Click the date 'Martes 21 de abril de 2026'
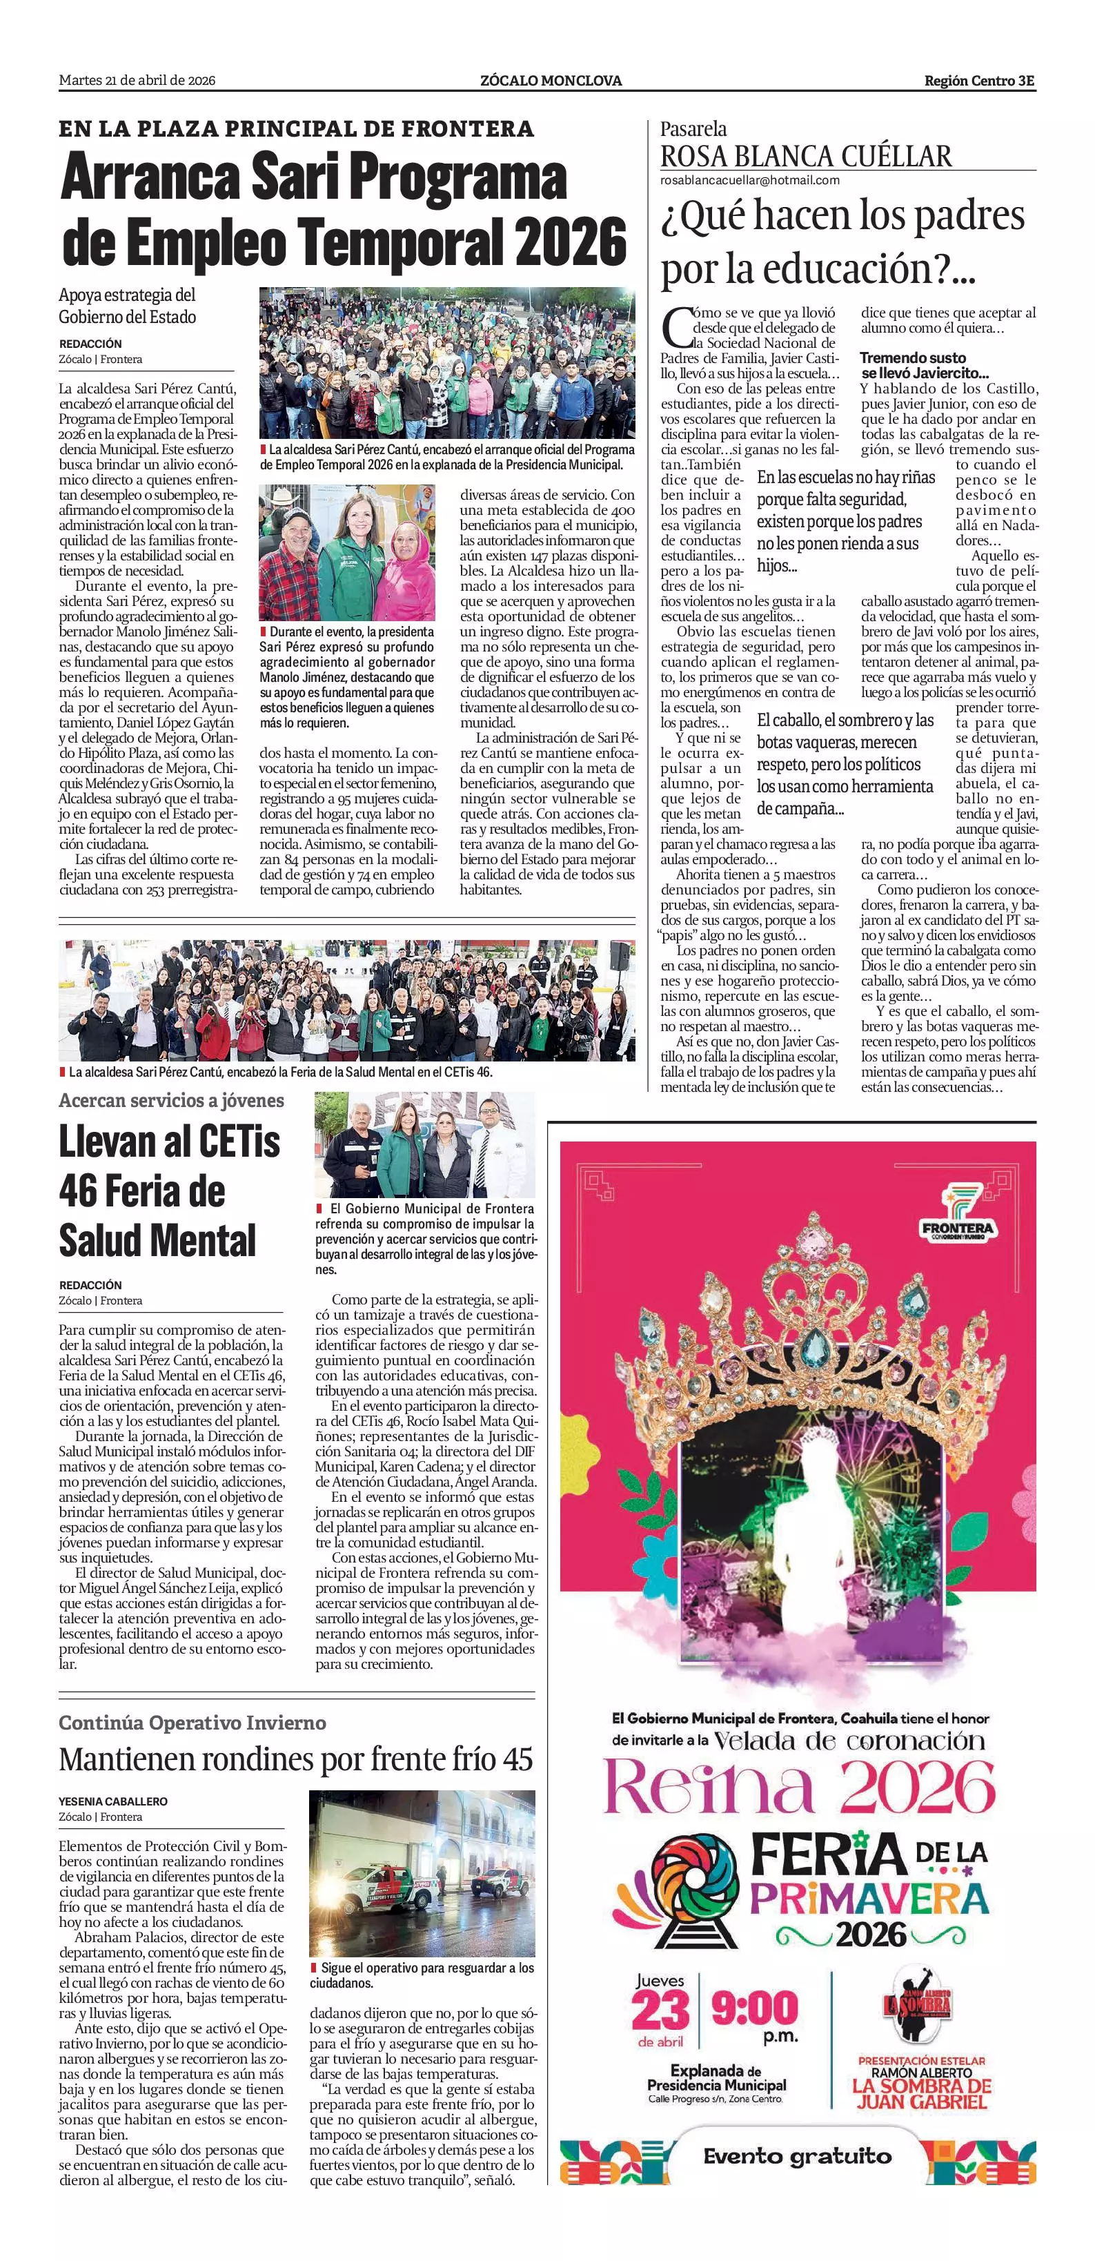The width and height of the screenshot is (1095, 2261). tap(137, 81)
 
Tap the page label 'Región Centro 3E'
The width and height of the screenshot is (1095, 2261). tap(979, 81)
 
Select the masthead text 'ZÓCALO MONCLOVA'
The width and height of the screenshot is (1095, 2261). tap(551, 81)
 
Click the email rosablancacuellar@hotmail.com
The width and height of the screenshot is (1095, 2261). tap(750, 180)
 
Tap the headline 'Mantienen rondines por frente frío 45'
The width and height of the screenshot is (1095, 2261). tap(296, 1758)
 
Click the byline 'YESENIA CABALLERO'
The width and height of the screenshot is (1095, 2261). tap(113, 1801)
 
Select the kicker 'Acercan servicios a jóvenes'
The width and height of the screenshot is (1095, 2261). tap(171, 1099)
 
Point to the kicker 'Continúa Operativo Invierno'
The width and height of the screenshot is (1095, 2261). tap(192, 1723)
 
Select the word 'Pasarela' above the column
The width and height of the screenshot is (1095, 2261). tap(693, 129)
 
